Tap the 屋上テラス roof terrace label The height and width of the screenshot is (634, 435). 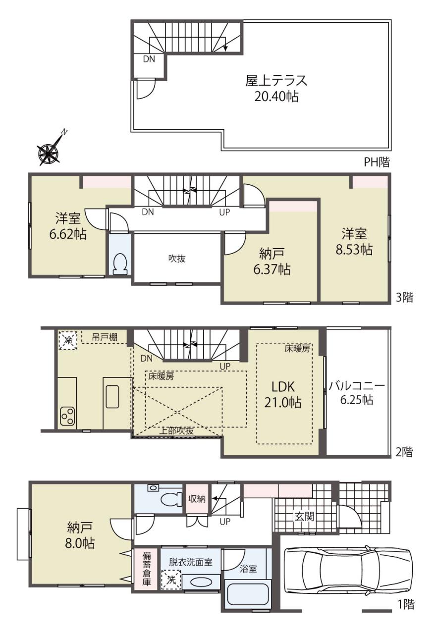pyautogui.click(x=276, y=81)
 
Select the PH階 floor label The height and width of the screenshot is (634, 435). pyautogui.click(x=377, y=162)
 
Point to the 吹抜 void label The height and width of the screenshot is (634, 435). pyautogui.click(x=177, y=259)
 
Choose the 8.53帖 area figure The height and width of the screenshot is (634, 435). pyautogui.click(x=354, y=250)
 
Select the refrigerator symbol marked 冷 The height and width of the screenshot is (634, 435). pyautogui.click(x=68, y=340)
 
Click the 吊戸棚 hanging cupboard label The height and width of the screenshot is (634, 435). pyautogui.click(x=105, y=337)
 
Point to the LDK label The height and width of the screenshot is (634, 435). pyautogui.click(x=283, y=387)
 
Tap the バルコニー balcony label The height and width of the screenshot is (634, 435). pyautogui.click(x=357, y=386)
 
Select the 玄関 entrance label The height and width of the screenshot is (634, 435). pyautogui.click(x=304, y=517)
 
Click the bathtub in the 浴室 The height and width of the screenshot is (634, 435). pyautogui.click(x=248, y=593)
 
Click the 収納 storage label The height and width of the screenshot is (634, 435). pyautogui.click(x=197, y=499)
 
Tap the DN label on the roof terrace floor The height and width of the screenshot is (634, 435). pyautogui.click(x=149, y=59)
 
